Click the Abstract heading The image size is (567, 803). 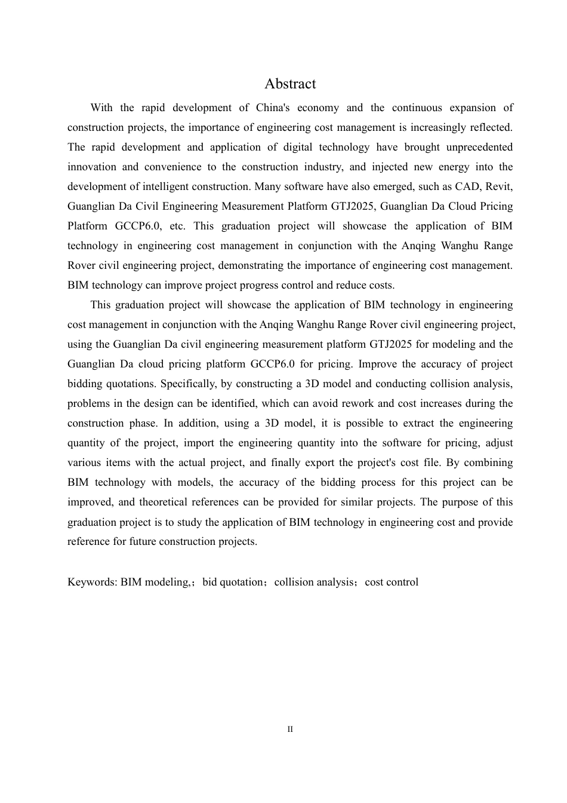[290, 84]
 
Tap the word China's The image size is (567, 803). [273, 108]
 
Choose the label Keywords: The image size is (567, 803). [93, 583]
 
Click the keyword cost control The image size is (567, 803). [392, 583]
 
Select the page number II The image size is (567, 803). [290, 730]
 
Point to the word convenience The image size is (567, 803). [172, 167]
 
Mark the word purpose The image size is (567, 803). [463, 502]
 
